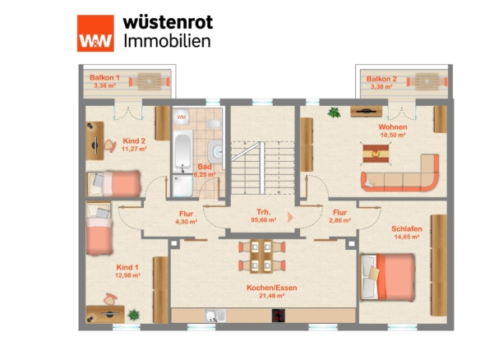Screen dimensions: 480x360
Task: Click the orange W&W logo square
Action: [95, 34]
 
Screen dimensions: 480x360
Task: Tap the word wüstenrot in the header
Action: [168, 23]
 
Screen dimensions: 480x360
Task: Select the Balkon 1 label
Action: [104, 78]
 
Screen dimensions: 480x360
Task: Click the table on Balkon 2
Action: [427, 81]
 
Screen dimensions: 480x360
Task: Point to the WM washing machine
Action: [181, 118]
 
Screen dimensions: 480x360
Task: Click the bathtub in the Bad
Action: [182, 151]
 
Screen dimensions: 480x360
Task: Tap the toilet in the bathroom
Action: [215, 123]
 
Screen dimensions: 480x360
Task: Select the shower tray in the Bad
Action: [182, 186]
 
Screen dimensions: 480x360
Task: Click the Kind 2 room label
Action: [134, 141]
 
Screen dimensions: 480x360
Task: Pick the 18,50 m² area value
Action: [393, 135]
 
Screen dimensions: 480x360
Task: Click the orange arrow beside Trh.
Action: [290, 217]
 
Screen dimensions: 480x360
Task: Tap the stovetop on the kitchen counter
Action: [279, 316]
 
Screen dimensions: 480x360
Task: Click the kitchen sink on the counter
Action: [215, 316]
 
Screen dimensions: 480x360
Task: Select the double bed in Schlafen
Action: [388, 277]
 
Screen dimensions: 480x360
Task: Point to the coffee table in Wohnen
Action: [376, 154]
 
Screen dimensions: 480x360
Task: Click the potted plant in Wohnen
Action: [334, 113]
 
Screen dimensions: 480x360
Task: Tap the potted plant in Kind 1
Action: [133, 315]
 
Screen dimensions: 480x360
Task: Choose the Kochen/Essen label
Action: [272, 288]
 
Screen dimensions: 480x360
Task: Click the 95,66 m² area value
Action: [264, 219]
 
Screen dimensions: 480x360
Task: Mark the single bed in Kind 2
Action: [114, 183]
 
